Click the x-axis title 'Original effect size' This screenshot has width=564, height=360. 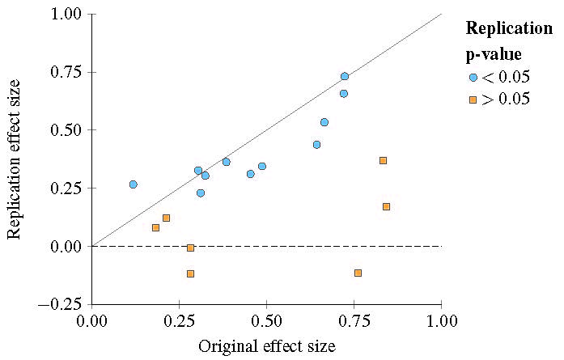click(266, 346)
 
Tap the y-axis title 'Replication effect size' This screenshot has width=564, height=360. click(14, 159)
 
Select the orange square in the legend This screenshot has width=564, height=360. click(473, 100)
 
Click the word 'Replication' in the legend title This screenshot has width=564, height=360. click(508, 28)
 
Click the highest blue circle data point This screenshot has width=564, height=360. click(345, 76)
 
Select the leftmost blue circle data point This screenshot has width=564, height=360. click(134, 184)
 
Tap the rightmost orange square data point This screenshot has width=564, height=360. click(386, 206)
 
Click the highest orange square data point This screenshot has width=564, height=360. click(383, 160)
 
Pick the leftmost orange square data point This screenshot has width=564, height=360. click(155, 227)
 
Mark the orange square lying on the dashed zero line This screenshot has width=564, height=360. click(190, 248)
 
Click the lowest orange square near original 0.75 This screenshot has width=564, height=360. click(358, 273)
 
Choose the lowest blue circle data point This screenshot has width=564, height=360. click(201, 193)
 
